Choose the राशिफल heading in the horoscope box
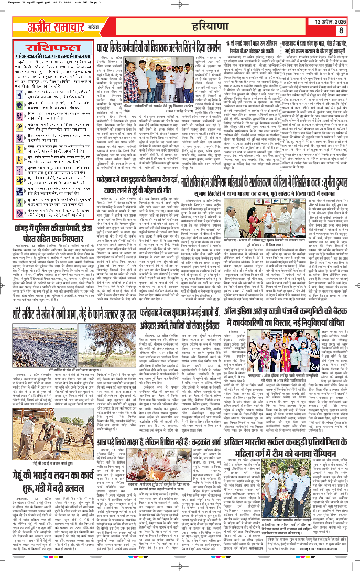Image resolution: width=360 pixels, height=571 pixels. click(49, 45)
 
